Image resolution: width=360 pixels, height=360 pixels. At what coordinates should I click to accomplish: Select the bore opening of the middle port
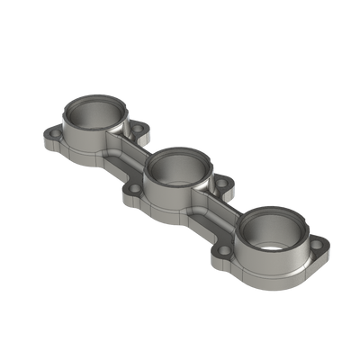(179, 170)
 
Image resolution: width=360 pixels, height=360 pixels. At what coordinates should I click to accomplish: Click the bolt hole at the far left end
(49, 137)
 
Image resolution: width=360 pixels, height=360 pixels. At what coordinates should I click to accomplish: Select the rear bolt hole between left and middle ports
(137, 132)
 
